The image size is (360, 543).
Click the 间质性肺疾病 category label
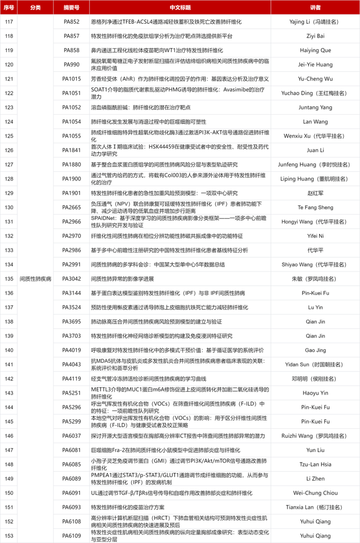36,279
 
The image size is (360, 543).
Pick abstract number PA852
72,22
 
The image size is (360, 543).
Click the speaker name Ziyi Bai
315,36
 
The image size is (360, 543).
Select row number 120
9,64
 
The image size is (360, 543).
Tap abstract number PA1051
72,93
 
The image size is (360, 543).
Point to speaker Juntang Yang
315,107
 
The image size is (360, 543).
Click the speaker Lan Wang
315,122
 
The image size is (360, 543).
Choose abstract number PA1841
72,150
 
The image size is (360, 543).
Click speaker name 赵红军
315,193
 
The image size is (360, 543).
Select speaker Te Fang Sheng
315,207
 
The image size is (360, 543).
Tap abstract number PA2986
72,250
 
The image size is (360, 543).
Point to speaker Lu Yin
315,308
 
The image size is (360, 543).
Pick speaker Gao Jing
315,350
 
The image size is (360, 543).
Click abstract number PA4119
72,379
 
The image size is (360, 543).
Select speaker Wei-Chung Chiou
315,493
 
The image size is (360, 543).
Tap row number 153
9,536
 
